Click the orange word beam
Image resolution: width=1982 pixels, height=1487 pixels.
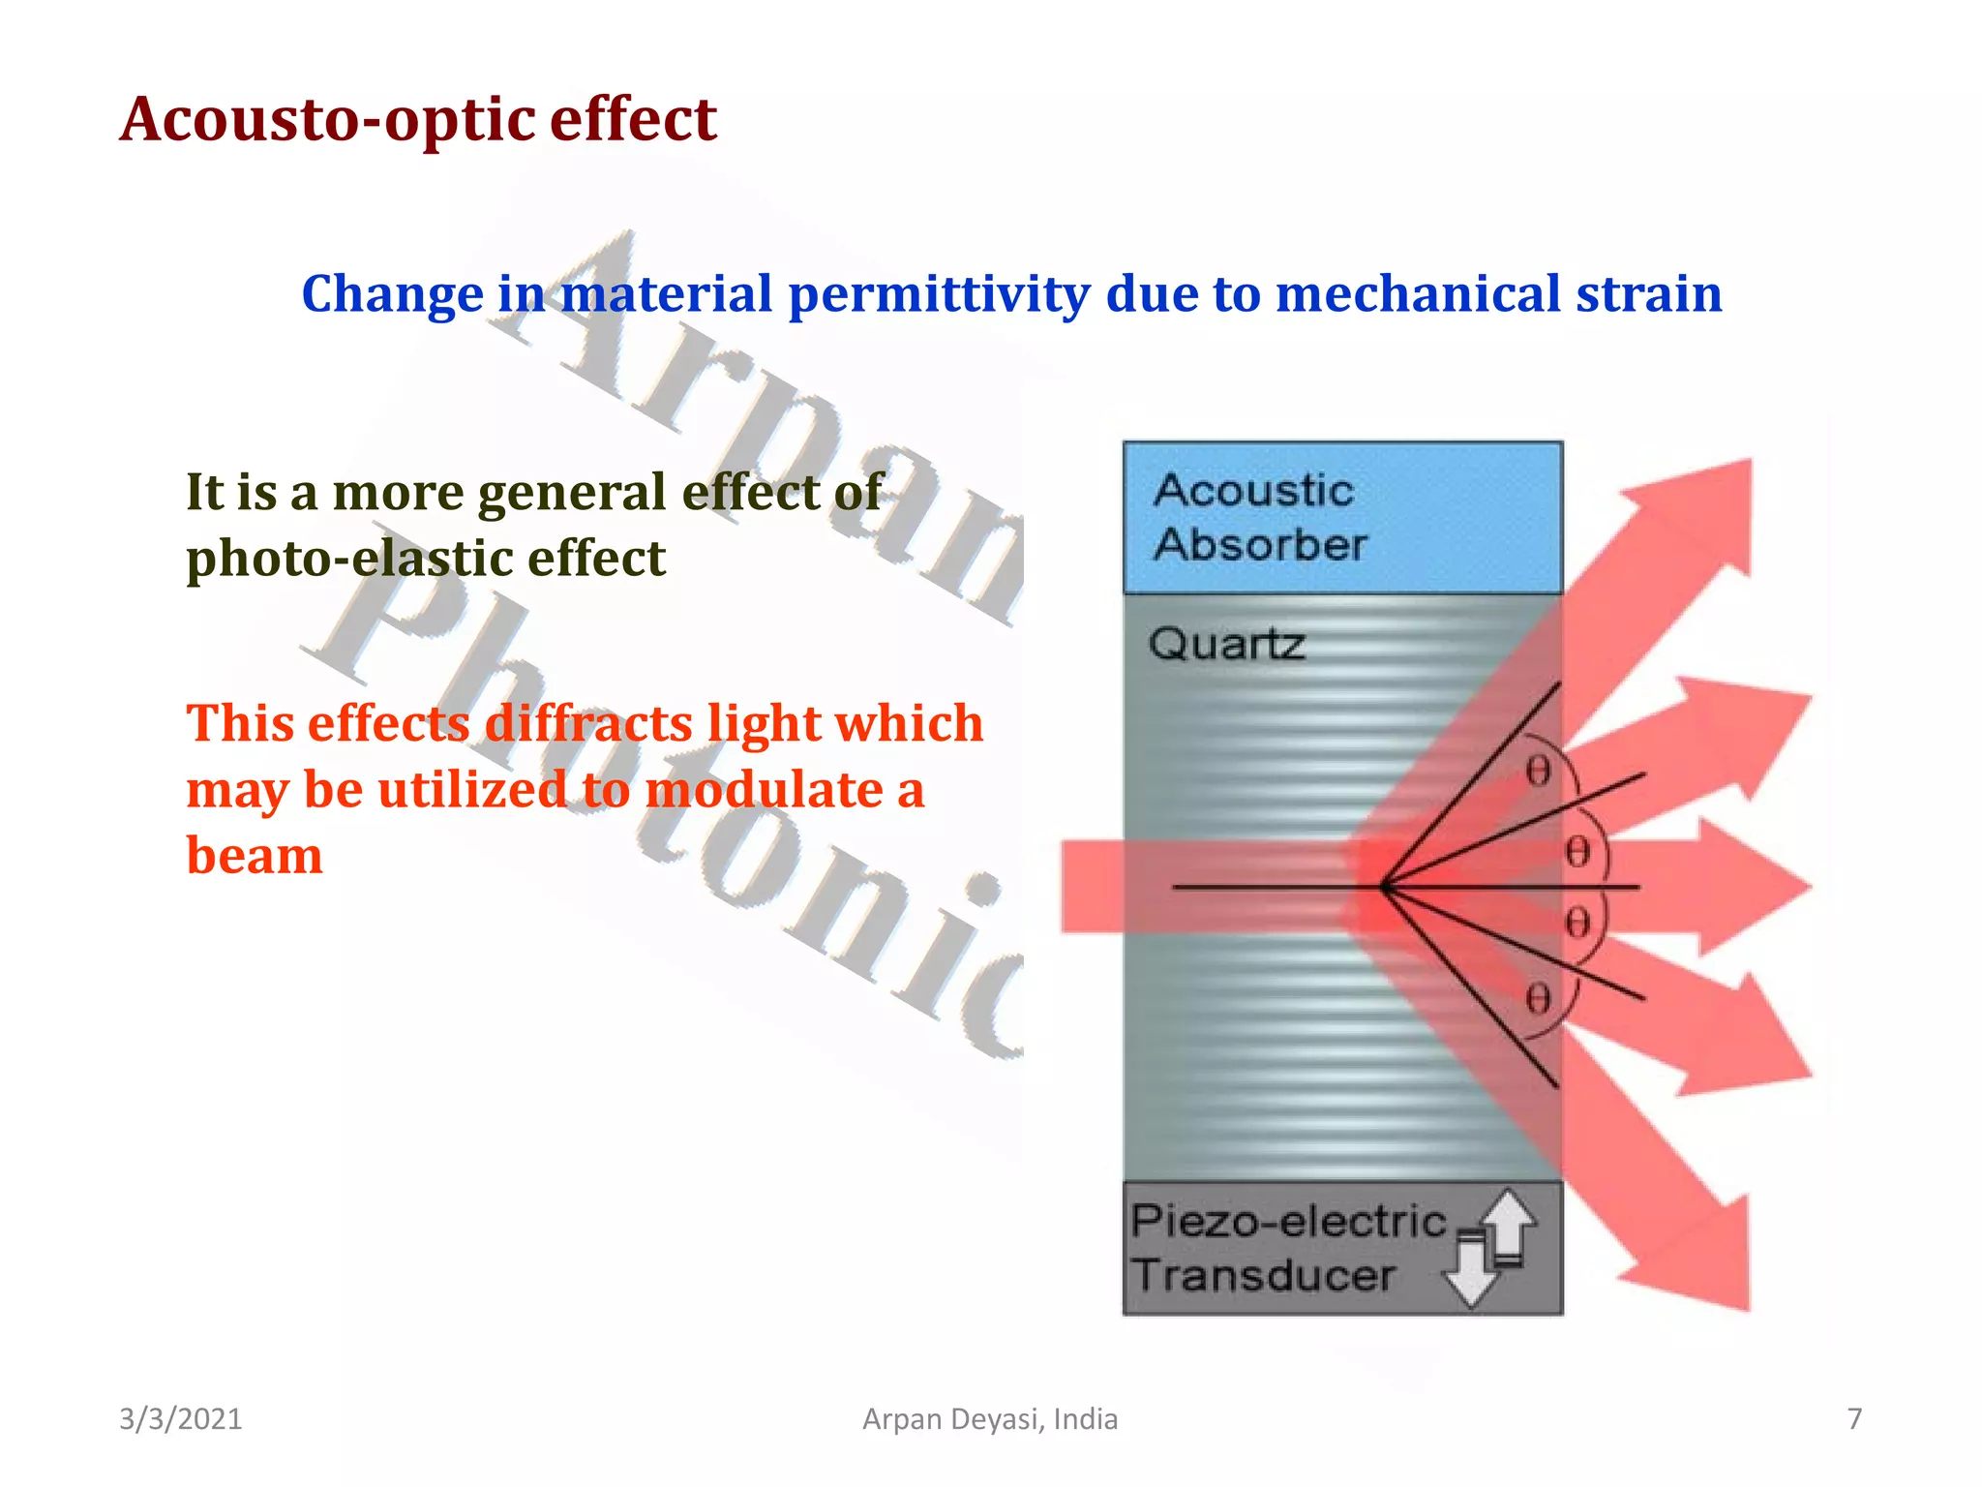click(x=254, y=856)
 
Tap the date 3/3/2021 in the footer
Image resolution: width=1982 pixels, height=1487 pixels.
click(x=180, y=1418)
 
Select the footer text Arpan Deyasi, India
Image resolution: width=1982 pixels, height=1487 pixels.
click(x=989, y=1418)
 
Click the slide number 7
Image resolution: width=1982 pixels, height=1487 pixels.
click(x=1853, y=1418)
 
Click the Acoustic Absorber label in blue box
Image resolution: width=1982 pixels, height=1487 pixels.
click(x=1258, y=517)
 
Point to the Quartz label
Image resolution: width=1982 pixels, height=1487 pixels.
click(x=1226, y=644)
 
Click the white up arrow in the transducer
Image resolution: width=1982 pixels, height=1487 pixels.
click(x=1508, y=1222)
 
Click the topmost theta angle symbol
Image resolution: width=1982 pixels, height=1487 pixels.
click(x=1538, y=772)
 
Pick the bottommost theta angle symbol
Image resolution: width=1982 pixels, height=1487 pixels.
click(x=1538, y=998)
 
